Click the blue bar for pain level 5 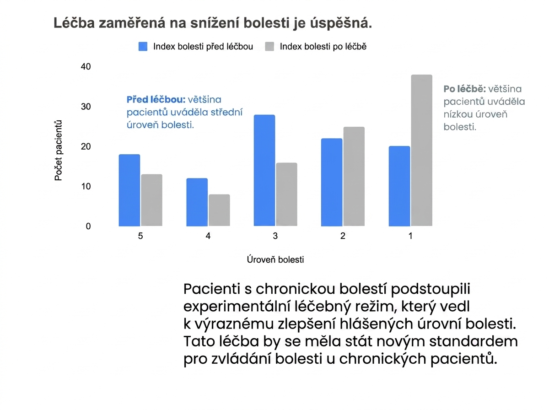point(129,190)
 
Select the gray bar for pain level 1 point(421,151)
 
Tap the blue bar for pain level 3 point(264,170)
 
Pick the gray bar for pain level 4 point(219,210)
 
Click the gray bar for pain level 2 point(354,176)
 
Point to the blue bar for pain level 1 point(399,186)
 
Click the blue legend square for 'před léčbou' point(143,47)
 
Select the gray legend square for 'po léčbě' point(269,47)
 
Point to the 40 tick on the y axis point(86,66)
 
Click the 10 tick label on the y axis point(86,186)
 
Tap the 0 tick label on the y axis point(88,226)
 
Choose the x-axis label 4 point(208,236)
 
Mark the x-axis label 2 point(343,236)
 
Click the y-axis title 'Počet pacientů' point(58,151)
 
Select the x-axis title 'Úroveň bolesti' point(275,259)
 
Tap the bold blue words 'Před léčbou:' point(156,100)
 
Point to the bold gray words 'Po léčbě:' point(465,89)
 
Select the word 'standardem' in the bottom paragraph point(474,341)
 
